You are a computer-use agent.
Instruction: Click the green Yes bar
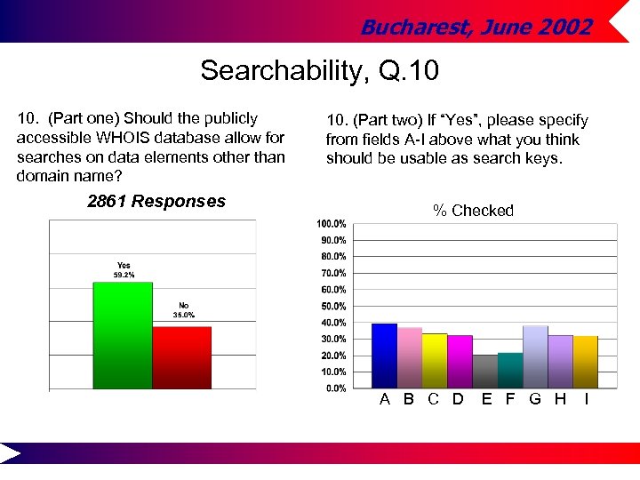click(123, 335)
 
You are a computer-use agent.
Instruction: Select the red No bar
click(181, 357)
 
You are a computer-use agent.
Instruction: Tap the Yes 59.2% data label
click(123, 270)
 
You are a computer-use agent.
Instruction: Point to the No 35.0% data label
click(183, 310)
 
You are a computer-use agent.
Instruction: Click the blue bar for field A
click(384, 356)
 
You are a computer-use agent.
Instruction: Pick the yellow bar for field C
click(435, 360)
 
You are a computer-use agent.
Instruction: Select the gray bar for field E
click(485, 371)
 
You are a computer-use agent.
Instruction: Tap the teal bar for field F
click(510, 370)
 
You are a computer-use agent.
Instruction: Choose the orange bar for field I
click(586, 362)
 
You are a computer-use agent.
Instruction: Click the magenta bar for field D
click(460, 361)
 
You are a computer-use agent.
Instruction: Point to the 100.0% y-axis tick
click(332, 223)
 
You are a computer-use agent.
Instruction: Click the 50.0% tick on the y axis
click(333, 306)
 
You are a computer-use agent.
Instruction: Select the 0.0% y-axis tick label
click(335, 388)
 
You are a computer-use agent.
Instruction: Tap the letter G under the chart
click(535, 399)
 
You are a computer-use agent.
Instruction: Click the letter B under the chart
click(408, 399)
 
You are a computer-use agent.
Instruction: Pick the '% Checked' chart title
click(473, 211)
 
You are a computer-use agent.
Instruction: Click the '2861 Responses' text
click(156, 202)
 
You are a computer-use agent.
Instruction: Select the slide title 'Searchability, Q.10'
click(319, 70)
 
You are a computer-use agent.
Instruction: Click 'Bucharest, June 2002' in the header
click(476, 28)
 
